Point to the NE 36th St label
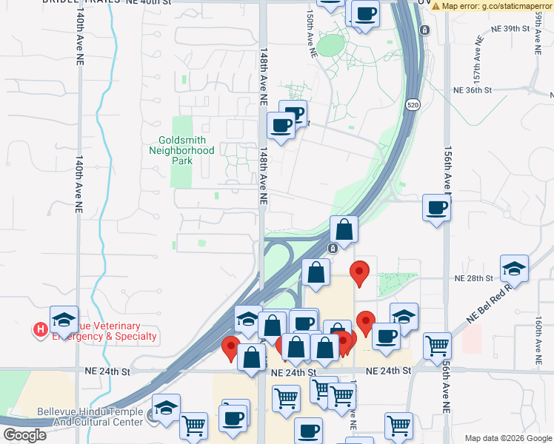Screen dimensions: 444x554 pyautogui.click(x=473, y=90)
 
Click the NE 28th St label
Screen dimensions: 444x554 pyautogui.click(x=473, y=278)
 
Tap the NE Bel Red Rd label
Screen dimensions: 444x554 pyautogui.click(x=489, y=302)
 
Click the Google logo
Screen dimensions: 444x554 pyautogui.click(x=24, y=435)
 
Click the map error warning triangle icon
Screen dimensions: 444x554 pyautogui.click(x=436, y=6)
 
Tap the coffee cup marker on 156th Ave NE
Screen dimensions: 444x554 pyautogui.click(x=436, y=207)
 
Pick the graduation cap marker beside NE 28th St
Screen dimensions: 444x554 pyautogui.click(x=513, y=268)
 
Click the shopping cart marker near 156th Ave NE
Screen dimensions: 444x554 pyautogui.click(x=437, y=345)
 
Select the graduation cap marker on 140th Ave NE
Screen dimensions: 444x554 pyautogui.click(x=64, y=319)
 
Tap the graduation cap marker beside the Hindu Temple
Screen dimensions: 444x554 pyautogui.click(x=167, y=407)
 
